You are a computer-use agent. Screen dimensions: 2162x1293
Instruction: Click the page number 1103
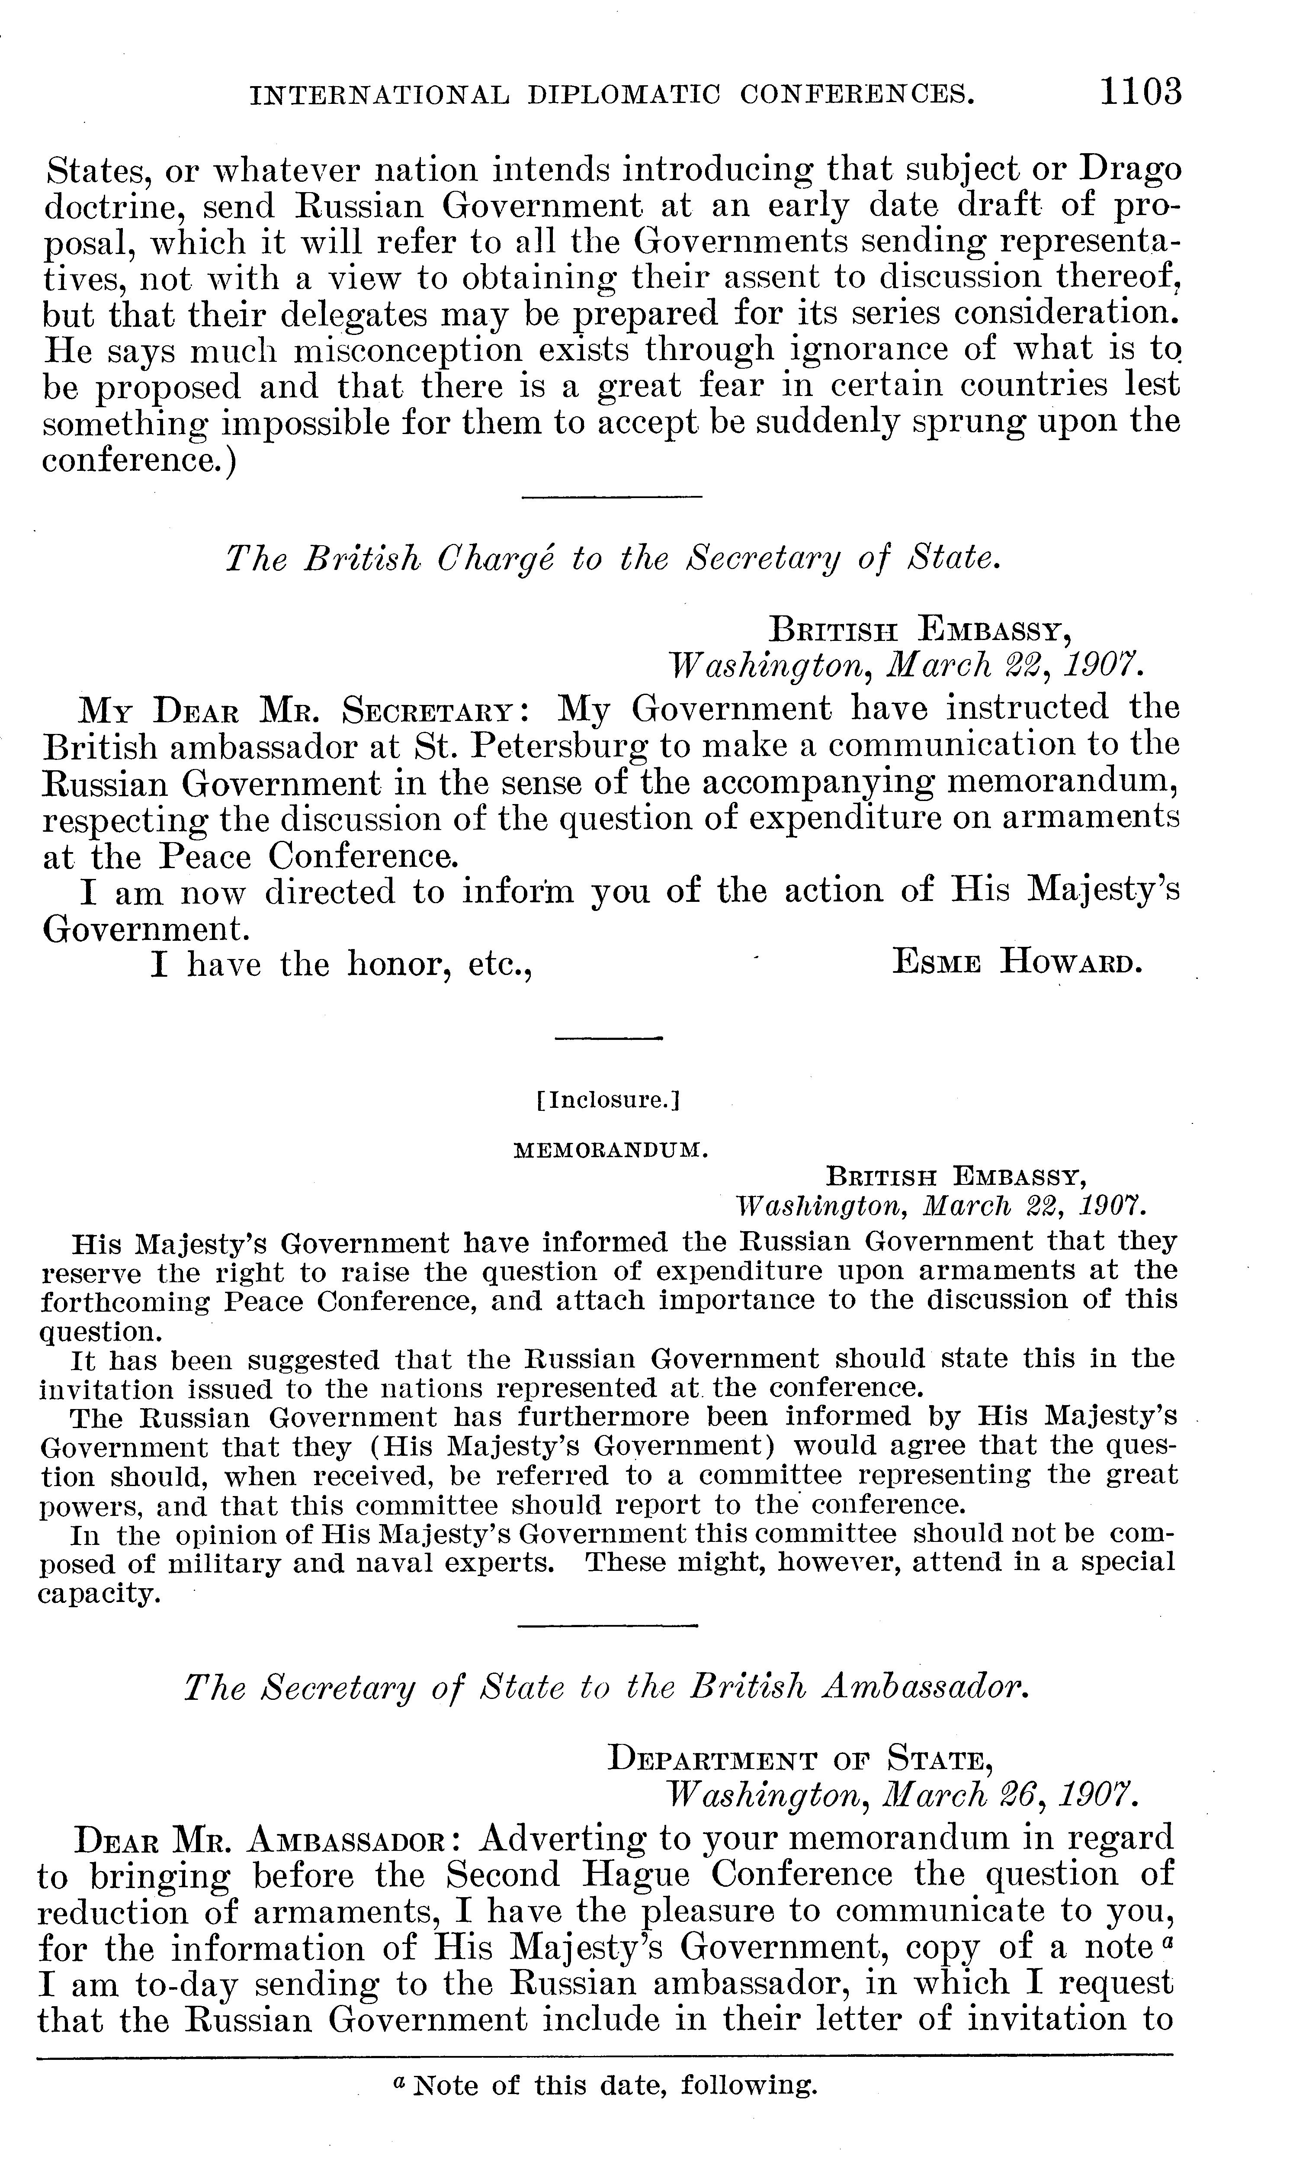point(1140,91)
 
